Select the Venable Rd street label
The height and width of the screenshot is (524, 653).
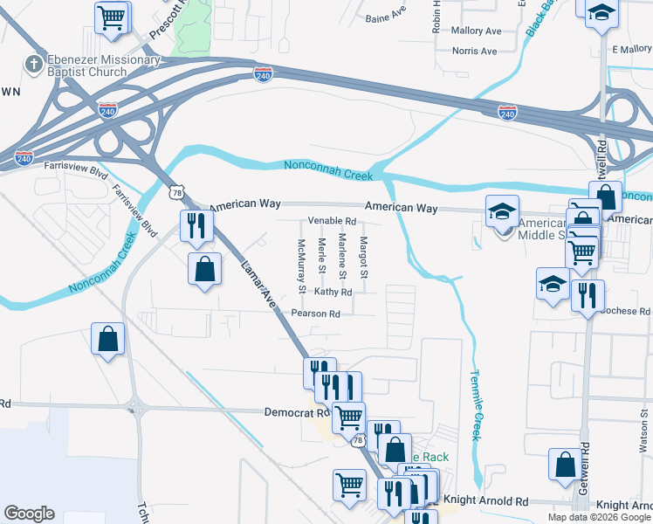tap(332, 221)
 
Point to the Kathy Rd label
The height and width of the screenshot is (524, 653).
tap(333, 293)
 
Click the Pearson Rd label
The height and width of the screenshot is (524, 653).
tap(315, 314)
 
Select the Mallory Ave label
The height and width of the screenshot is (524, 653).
tap(476, 31)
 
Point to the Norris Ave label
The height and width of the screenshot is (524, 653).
tap(475, 52)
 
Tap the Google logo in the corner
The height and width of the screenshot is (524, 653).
tap(29, 514)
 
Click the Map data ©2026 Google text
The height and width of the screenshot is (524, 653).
tap(600, 517)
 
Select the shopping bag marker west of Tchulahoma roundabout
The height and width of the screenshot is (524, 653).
tap(107, 340)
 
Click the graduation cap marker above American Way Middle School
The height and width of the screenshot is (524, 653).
tap(502, 210)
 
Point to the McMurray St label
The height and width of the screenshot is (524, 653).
tap(301, 265)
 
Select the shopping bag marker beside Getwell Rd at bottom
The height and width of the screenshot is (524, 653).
tap(564, 464)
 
